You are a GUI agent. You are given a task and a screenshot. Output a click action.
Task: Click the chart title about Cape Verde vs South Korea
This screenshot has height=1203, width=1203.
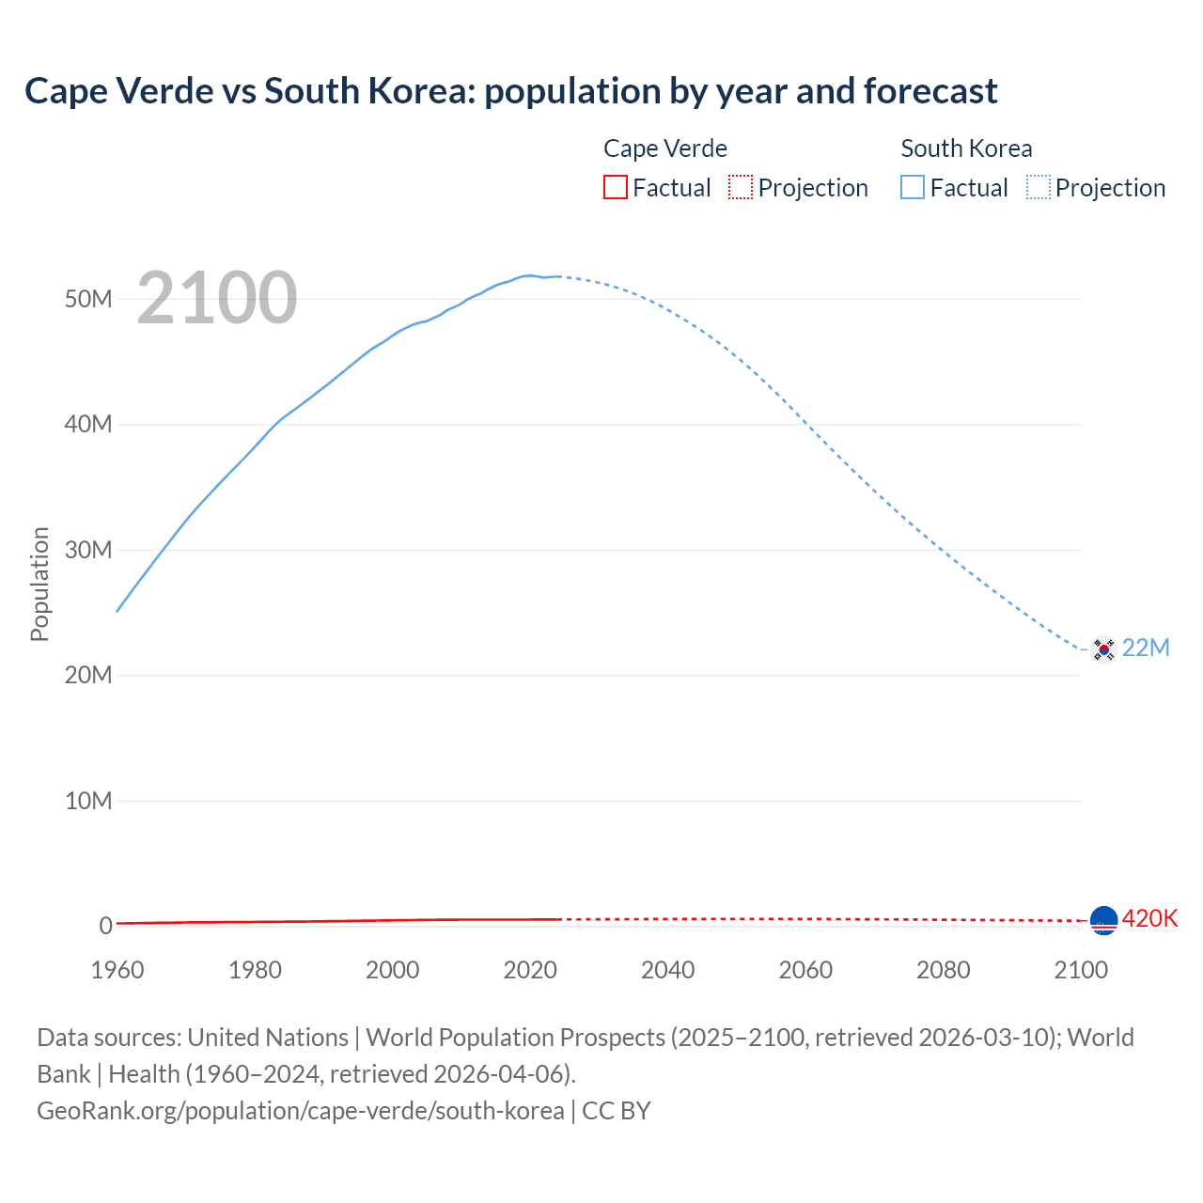click(x=510, y=91)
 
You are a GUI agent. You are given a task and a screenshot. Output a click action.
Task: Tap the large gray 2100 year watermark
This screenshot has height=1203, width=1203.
click(x=217, y=298)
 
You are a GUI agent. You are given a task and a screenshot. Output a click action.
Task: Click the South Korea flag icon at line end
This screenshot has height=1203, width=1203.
click(x=1103, y=648)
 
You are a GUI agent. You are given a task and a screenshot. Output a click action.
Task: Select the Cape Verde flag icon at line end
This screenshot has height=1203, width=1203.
click(x=1103, y=920)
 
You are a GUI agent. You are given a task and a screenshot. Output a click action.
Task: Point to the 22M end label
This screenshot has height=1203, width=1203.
click(x=1146, y=648)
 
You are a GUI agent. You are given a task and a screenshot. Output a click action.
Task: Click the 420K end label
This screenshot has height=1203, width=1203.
click(x=1149, y=918)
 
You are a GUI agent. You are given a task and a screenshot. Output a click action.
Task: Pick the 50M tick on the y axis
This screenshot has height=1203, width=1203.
click(x=88, y=299)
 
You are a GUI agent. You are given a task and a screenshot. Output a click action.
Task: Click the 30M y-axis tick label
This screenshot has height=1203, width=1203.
click(x=88, y=550)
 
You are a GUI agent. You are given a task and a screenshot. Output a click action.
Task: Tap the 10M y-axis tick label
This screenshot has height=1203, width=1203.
click(x=88, y=801)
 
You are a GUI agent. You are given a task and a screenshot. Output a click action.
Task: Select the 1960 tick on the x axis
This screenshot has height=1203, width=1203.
click(x=117, y=970)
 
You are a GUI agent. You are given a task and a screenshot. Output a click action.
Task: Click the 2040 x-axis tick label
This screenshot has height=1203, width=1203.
click(x=667, y=970)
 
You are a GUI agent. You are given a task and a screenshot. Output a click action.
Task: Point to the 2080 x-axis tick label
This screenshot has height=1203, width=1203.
click(x=943, y=970)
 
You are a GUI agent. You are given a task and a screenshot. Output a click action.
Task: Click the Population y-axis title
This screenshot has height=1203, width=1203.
click(x=39, y=584)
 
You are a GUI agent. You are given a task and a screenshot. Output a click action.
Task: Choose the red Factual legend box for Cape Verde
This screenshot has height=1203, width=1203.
click(x=615, y=188)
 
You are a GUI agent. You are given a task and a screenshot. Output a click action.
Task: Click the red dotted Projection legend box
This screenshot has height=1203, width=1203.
click(x=741, y=188)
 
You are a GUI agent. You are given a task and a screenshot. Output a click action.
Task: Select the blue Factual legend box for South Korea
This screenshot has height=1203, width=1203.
click(x=912, y=188)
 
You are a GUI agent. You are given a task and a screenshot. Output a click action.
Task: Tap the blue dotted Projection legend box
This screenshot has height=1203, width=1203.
click(x=1038, y=188)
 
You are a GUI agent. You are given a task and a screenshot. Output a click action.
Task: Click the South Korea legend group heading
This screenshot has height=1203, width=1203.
click(x=966, y=148)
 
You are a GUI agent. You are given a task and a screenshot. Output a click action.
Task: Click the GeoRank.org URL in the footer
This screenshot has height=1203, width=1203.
click(x=301, y=1111)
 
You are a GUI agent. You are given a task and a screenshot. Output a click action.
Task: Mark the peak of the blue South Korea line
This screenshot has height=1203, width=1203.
click(x=529, y=275)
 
